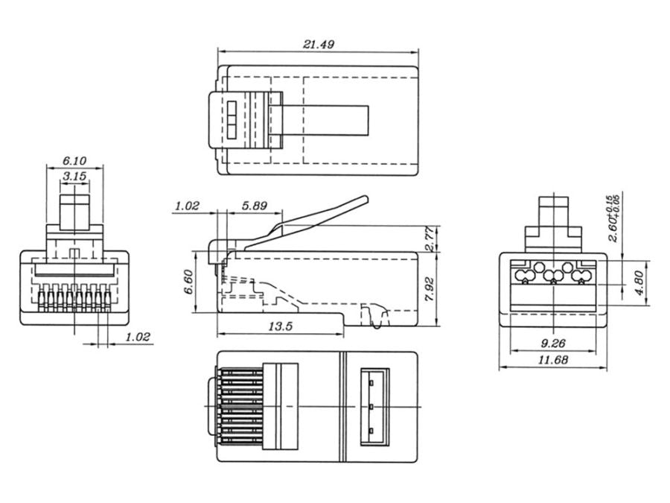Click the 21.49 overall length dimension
click(319, 44)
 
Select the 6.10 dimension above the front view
click(74, 160)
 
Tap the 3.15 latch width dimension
click(74, 177)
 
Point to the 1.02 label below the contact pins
click(138, 337)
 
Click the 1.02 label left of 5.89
click(186, 206)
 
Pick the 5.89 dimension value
click(253, 206)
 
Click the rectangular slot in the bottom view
click(372, 407)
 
